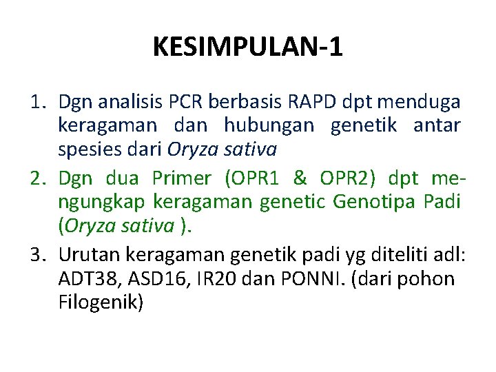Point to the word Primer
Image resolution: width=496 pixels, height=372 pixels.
181,178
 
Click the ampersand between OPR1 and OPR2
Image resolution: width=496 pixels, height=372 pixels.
300,178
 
